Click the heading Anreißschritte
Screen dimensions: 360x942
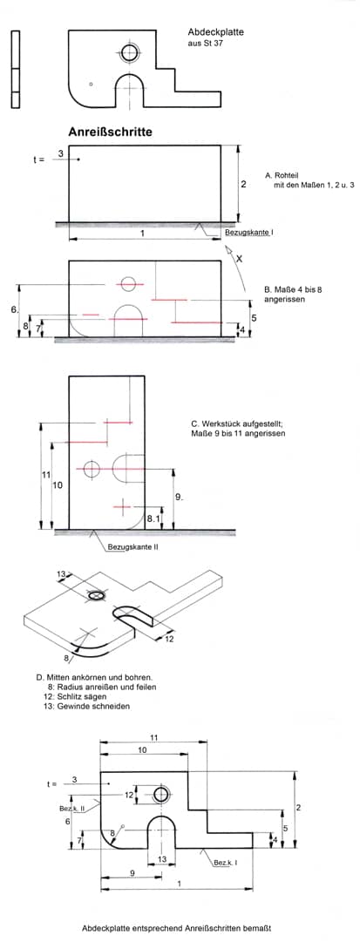(110, 132)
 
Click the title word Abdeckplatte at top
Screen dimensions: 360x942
(216, 32)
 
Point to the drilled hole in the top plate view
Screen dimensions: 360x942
(129, 53)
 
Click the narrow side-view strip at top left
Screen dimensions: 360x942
(15, 69)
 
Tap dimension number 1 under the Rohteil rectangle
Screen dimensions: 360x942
(142, 232)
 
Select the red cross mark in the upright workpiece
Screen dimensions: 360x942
(123, 507)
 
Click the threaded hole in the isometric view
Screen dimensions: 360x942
(96, 595)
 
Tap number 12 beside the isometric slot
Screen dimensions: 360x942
(169, 639)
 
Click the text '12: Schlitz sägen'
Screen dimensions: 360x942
(75, 695)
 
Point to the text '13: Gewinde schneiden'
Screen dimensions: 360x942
(85, 706)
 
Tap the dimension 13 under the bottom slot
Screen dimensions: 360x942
(161, 860)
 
